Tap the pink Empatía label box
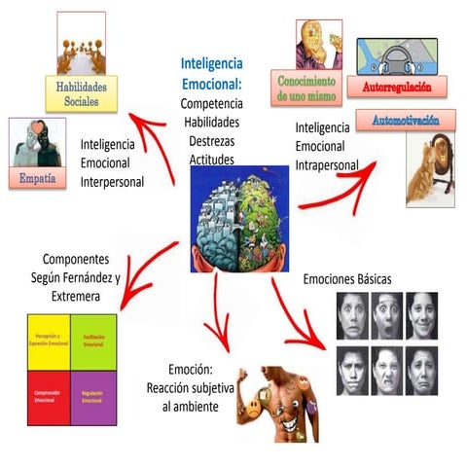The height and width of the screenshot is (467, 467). coord(38,178)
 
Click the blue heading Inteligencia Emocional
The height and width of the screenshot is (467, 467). coord(213,74)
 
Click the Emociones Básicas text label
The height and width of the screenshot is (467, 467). coord(347,280)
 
